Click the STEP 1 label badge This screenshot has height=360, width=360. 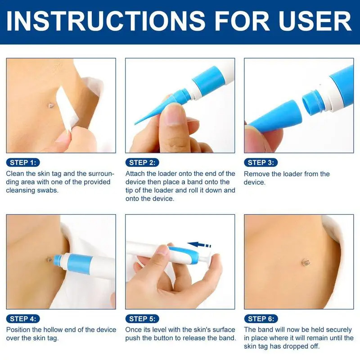(x=22, y=162)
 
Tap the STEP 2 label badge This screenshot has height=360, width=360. (x=142, y=162)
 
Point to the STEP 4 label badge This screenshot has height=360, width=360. (x=23, y=319)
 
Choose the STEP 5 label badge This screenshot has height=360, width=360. (x=142, y=319)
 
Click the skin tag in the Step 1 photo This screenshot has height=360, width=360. (x=50, y=106)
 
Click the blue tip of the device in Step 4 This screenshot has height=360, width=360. (x=57, y=260)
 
